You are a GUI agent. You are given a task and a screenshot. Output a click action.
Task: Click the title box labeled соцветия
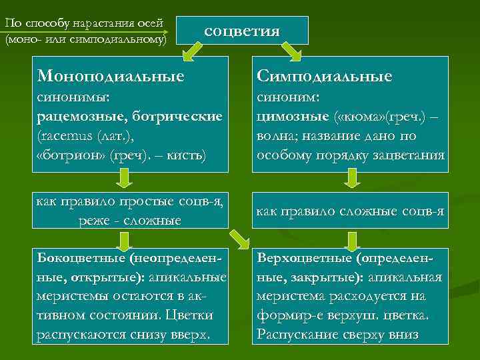(x=241, y=31)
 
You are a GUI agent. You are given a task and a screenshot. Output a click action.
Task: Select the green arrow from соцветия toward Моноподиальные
(x=193, y=51)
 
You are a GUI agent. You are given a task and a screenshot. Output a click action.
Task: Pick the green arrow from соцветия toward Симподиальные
(x=291, y=51)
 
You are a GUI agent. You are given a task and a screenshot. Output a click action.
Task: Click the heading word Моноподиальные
(x=111, y=75)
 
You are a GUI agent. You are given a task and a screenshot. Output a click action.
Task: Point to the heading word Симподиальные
(x=325, y=75)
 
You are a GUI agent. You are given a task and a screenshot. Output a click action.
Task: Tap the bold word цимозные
(x=287, y=117)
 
